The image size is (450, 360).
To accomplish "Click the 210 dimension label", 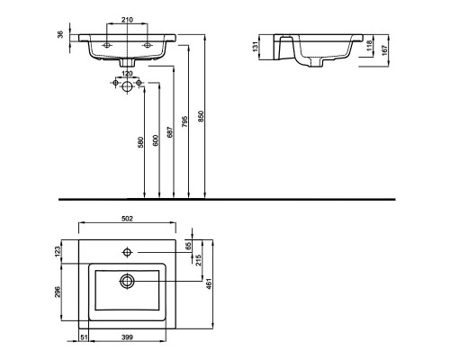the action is point(127,20).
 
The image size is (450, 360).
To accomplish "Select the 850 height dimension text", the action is point(202,116).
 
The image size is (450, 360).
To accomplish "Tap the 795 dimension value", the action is point(185,121).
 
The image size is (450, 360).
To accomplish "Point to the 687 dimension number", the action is point(170,132).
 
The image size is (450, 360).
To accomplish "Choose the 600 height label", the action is point(156,140).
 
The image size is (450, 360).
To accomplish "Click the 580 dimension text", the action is point(140,142).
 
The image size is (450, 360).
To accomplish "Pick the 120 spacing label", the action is point(127,74).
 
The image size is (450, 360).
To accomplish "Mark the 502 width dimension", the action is point(127,219).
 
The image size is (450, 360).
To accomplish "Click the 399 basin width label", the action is point(127,337).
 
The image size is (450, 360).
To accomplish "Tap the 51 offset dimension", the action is point(84,337).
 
